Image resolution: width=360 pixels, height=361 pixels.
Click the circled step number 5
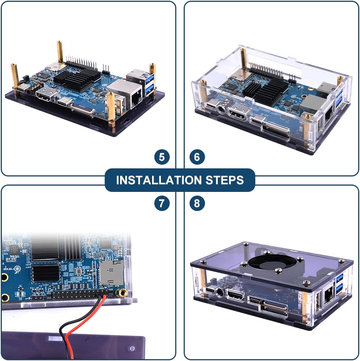coord(162,157)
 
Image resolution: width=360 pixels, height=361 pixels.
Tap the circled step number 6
coord(197,157)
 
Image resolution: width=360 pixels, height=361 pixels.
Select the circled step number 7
coord(162,203)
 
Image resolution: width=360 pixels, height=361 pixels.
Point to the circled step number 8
coord(197,203)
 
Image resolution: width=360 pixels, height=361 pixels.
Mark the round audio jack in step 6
coord(221,109)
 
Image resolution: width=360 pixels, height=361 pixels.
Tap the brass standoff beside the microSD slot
coord(122,293)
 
